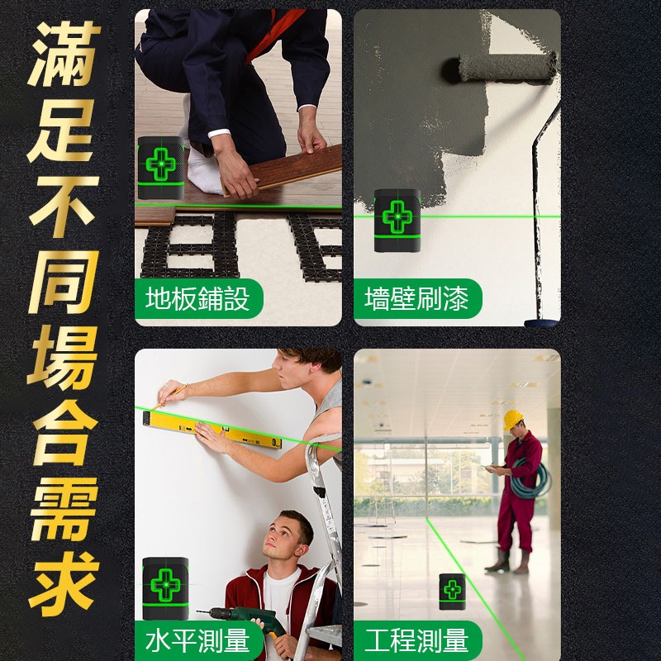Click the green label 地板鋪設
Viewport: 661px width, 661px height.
coord(198,298)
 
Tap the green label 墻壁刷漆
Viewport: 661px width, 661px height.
coord(417,298)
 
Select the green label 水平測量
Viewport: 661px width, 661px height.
coord(198,640)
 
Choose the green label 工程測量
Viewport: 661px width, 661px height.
coord(417,640)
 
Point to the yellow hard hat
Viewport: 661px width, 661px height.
coord(514,420)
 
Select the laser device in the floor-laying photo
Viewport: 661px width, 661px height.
coord(160,168)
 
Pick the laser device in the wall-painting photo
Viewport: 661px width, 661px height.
coord(397,221)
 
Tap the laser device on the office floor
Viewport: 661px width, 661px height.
coord(452,592)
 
